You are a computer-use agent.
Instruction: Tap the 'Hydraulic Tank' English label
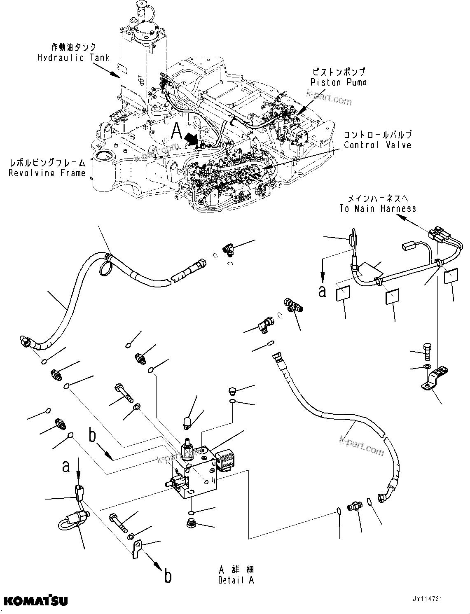coord(74,58)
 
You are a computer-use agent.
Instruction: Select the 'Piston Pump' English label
coord(338,82)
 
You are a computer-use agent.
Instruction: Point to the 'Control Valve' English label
coord(377,145)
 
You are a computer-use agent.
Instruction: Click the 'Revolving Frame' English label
coord(47,173)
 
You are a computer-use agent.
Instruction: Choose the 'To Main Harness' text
coord(377,209)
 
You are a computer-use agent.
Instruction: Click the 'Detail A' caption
coord(236,580)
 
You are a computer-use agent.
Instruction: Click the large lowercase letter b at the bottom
coord(168,576)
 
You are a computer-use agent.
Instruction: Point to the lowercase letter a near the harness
coord(323,291)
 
